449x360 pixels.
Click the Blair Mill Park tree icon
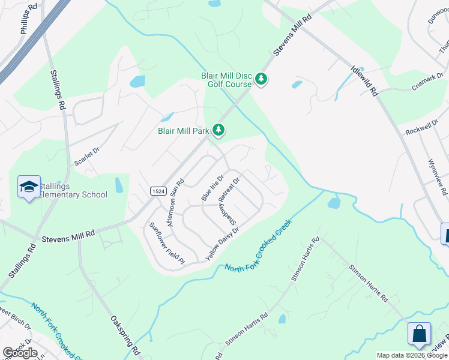pos(219,130)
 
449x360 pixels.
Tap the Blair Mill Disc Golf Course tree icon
pos(261,79)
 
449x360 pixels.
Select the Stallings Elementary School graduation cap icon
pos(29,188)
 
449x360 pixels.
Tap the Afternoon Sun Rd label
pos(175,202)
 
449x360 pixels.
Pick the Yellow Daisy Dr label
pos(223,243)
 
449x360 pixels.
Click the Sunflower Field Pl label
pos(166,244)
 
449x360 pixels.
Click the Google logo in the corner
pos(20,353)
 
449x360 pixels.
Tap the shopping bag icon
pos(418,334)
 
